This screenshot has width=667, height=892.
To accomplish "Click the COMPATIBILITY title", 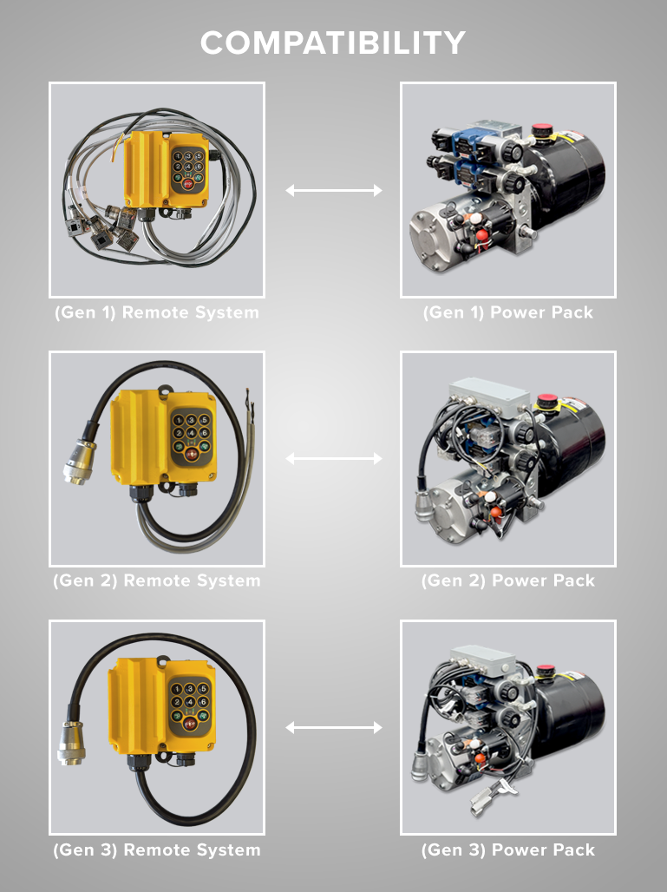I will click(333, 43).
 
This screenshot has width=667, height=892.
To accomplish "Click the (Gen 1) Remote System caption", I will click(156, 312).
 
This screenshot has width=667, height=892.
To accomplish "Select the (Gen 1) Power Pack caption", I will click(508, 312).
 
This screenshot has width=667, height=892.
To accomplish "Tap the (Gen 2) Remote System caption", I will click(156, 580).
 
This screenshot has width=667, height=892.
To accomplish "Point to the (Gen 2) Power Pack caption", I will click(508, 580).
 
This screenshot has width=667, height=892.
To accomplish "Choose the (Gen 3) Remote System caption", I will click(156, 849).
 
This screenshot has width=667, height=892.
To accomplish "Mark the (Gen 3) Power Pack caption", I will click(508, 849).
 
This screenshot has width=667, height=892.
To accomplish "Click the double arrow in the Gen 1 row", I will click(334, 190).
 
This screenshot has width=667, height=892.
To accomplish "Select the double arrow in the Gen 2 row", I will click(334, 458).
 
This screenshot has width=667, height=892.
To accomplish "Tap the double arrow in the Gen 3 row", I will click(334, 727).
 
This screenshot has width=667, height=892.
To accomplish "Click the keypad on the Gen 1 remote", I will click(187, 169).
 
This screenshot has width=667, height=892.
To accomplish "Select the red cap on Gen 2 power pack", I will click(546, 403).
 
